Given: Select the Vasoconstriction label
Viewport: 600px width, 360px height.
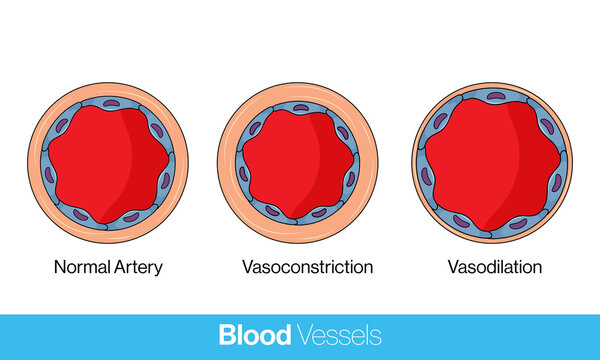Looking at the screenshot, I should [307, 268].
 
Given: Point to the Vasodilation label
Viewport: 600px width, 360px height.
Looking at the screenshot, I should [495, 268].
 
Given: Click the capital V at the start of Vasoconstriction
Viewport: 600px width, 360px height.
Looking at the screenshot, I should [247, 268].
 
